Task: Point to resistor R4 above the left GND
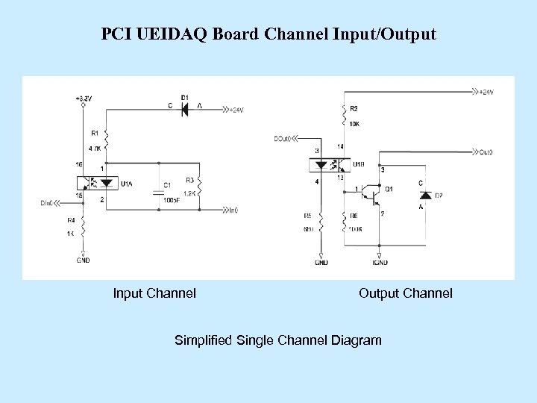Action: (x=84, y=226)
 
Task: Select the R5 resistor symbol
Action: (x=321, y=222)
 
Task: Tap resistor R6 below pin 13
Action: (x=344, y=222)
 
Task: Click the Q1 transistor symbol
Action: (x=371, y=195)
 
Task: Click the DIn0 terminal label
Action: (x=48, y=202)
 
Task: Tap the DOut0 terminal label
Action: (x=282, y=138)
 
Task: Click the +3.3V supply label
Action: (x=83, y=98)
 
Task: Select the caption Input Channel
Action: (x=154, y=293)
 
